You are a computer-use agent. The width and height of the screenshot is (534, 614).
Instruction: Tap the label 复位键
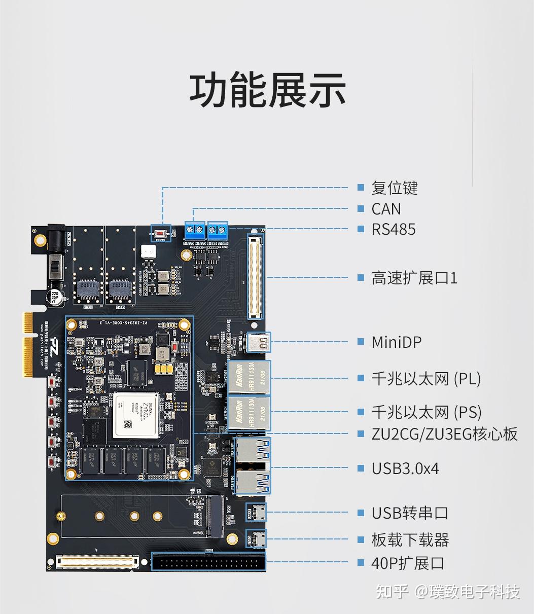[x=395, y=188]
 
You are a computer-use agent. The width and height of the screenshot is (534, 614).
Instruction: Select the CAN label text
[x=386, y=209]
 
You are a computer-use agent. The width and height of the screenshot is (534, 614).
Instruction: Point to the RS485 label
[x=393, y=229]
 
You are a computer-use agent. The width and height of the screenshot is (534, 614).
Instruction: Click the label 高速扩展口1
[x=414, y=278]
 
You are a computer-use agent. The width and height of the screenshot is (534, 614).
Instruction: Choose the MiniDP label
[x=396, y=342]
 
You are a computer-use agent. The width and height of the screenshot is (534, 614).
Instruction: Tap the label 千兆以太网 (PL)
[x=426, y=379]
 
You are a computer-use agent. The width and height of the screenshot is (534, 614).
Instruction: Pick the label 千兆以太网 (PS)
[x=426, y=412]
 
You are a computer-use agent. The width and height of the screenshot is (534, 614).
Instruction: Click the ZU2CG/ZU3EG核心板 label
[x=444, y=434]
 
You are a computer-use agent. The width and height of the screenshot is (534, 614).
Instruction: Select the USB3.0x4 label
[x=405, y=468]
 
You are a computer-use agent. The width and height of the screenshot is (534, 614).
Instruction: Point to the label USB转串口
[x=410, y=513]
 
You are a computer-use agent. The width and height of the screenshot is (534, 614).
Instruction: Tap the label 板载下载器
[x=410, y=540]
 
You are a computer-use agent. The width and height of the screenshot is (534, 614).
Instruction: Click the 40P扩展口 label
[x=408, y=563]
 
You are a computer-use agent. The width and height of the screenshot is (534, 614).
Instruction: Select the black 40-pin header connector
[x=209, y=562]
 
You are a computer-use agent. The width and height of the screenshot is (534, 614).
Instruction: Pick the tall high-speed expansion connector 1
[x=255, y=276]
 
